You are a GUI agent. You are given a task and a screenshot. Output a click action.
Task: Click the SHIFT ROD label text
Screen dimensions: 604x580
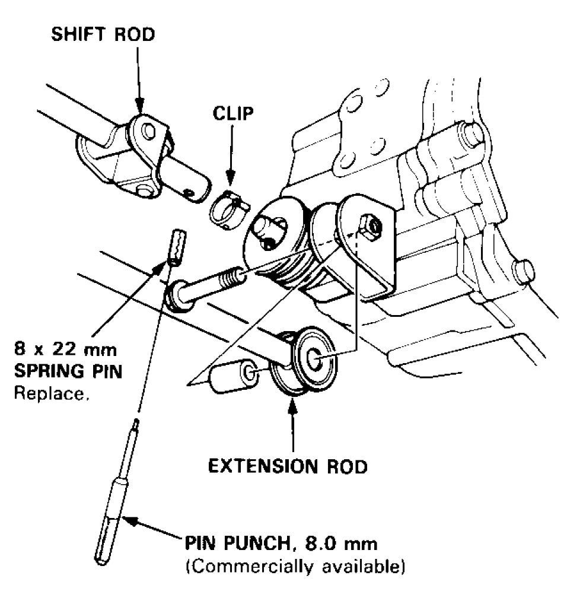[102, 34]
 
